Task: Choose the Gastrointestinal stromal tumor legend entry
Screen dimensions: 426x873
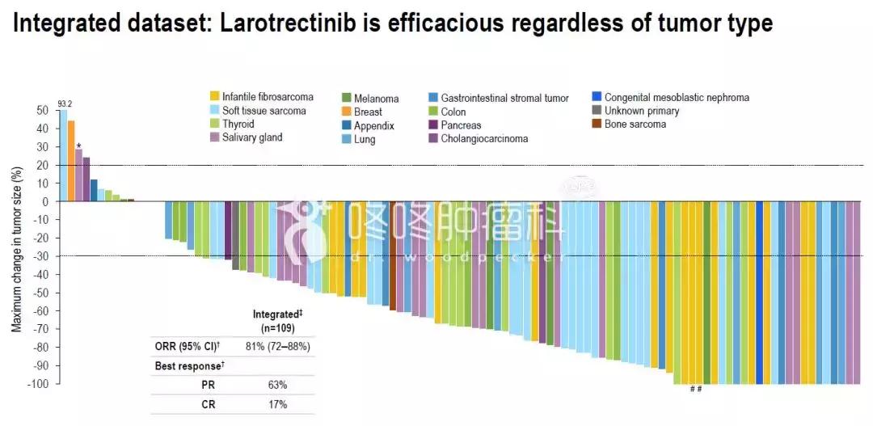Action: click(504, 99)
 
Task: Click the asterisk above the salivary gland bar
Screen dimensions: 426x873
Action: click(78, 146)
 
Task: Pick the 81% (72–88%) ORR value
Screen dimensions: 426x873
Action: click(277, 347)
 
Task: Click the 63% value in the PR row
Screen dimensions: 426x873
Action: click(277, 385)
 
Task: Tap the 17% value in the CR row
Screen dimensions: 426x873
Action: click(277, 404)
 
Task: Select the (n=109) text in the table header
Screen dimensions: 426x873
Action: click(277, 328)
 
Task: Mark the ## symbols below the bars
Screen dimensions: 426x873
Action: click(695, 390)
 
